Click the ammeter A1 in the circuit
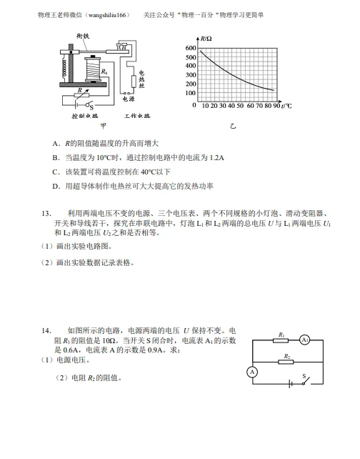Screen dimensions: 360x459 (304, 340)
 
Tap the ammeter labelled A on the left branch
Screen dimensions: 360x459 (251, 372)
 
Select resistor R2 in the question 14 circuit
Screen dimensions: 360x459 (286, 362)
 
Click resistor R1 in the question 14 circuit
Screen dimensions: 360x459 (281, 340)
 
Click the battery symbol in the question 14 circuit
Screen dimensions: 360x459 (290, 384)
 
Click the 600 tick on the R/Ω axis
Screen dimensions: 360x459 (191, 47)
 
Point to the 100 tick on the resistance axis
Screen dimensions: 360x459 (191, 94)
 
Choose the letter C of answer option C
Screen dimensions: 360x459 (55, 172)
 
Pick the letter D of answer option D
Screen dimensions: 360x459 (55, 186)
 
